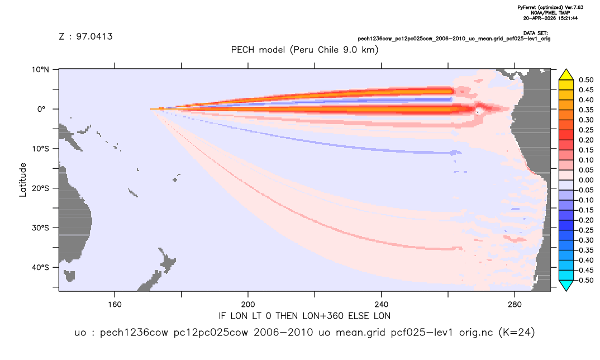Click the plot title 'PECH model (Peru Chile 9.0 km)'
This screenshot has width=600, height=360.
[x=304, y=50]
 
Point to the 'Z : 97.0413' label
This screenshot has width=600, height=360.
[x=85, y=36]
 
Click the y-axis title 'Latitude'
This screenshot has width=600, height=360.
[x=23, y=179]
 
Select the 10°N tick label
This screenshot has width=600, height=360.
[x=40, y=69]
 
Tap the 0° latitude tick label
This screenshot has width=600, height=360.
[x=41, y=109]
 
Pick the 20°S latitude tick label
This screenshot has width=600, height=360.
[x=40, y=188]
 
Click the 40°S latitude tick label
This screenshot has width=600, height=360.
[x=40, y=267]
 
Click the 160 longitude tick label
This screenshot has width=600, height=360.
[x=115, y=305]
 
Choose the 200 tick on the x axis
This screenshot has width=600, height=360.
[x=248, y=305]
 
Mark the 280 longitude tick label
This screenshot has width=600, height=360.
[x=515, y=305]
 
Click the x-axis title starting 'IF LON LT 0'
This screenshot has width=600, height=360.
[x=304, y=316]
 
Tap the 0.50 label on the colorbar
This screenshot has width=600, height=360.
[x=586, y=80]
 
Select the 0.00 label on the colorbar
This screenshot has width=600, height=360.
[x=586, y=180]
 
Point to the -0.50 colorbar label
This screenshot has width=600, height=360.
[x=585, y=280]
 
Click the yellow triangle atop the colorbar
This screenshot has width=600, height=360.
[x=566, y=75]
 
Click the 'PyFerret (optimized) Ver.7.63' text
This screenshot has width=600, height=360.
[x=550, y=7]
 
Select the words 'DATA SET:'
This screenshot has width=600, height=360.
[x=536, y=34]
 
